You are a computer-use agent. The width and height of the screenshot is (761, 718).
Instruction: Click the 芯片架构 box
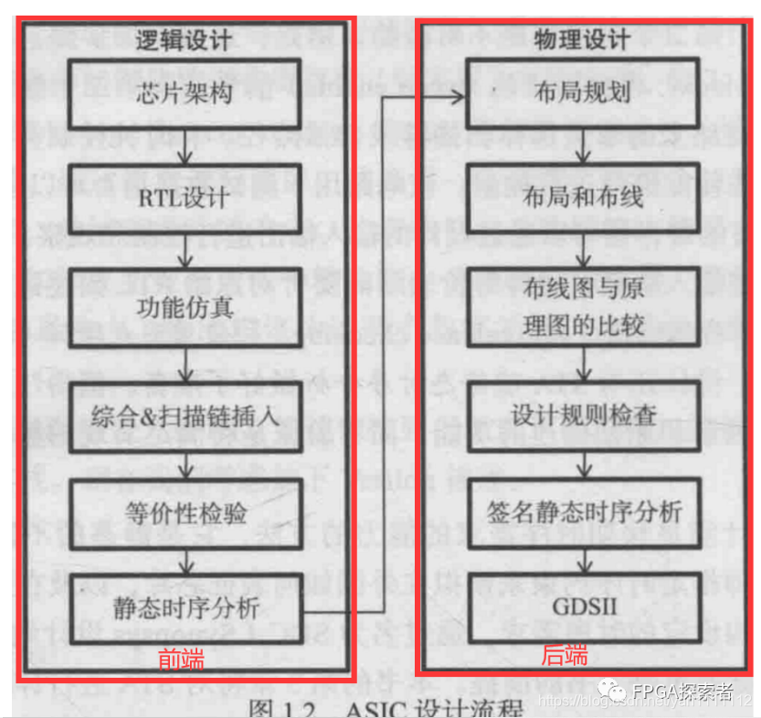point(185,93)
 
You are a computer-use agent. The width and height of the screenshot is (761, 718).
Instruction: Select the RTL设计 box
point(185,198)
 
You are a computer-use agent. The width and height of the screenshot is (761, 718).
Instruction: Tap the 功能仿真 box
point(185,305)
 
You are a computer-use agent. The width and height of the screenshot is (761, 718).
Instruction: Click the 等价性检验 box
point(185,514)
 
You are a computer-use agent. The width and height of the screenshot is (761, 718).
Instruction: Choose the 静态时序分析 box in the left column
point(185,608)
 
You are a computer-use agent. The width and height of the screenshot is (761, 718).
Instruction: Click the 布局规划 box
point(584,93)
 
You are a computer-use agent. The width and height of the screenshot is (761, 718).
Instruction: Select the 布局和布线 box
point(584,198)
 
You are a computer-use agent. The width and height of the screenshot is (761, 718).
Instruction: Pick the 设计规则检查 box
point(584,414)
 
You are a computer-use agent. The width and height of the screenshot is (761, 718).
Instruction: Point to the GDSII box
point(584,608)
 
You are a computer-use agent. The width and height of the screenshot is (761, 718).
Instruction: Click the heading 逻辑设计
point(183,40)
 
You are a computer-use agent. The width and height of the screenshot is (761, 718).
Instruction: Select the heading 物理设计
point(582,40)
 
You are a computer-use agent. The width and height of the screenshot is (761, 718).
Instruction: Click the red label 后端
point(564,656)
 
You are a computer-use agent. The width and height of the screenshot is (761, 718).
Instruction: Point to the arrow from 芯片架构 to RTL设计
point(185,146)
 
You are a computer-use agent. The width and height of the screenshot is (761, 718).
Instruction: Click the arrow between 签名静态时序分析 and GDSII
point(584,559)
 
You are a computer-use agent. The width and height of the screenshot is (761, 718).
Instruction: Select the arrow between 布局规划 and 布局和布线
point(584,146)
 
